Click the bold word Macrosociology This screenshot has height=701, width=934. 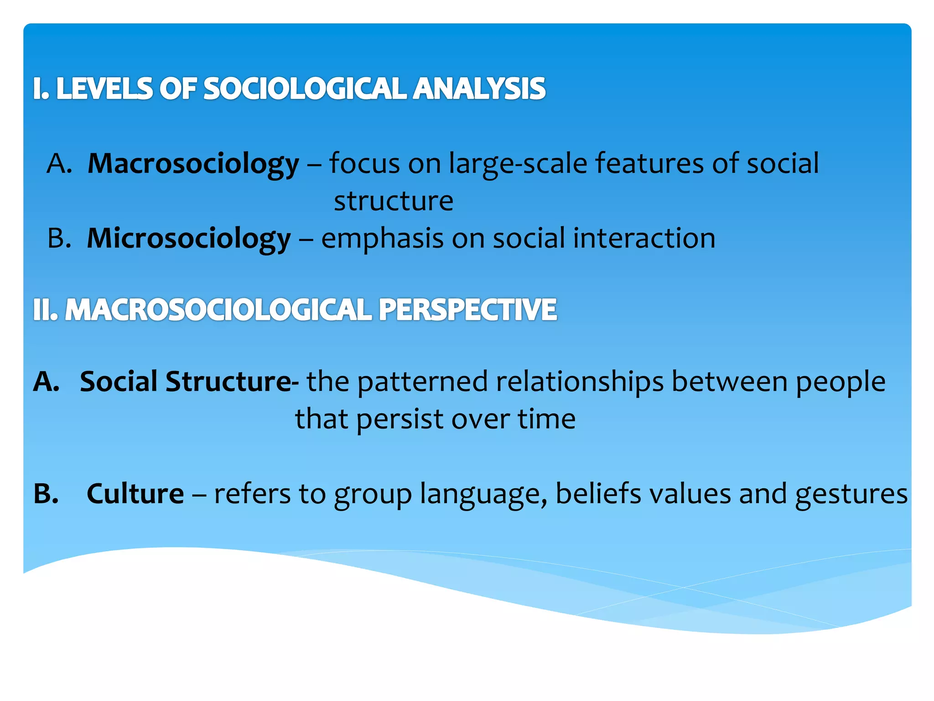(193, 163)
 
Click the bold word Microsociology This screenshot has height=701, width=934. (188, 238)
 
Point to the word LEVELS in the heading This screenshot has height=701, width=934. (104, 89)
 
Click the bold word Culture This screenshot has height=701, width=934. (135, 493)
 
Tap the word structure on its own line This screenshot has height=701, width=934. (394, 201)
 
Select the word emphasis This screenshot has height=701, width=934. (382, 238)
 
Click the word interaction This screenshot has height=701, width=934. (644, 238)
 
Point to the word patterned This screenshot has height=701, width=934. (422, 382)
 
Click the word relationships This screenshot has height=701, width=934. (580, 382)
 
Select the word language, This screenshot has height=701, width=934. (483, 494)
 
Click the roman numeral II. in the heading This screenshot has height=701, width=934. (45, 310)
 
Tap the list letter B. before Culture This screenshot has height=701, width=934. (46, 493)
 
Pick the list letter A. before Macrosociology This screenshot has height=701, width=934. (59, 163)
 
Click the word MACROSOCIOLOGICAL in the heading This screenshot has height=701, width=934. (219, 310)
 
